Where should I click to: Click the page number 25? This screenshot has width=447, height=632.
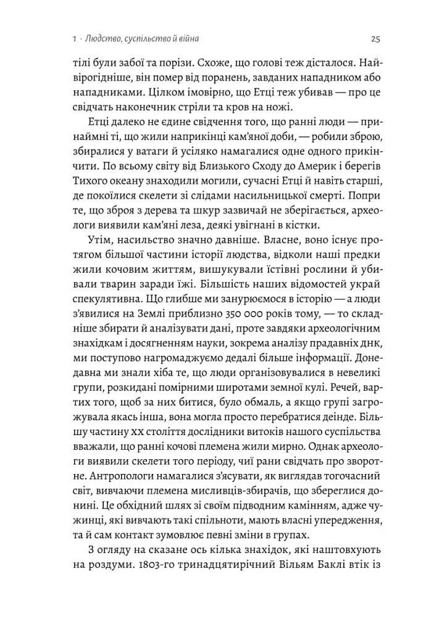(375, 39)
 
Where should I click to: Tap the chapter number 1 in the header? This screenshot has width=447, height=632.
(74, 39)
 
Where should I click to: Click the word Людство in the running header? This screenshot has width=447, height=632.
(106, 39)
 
